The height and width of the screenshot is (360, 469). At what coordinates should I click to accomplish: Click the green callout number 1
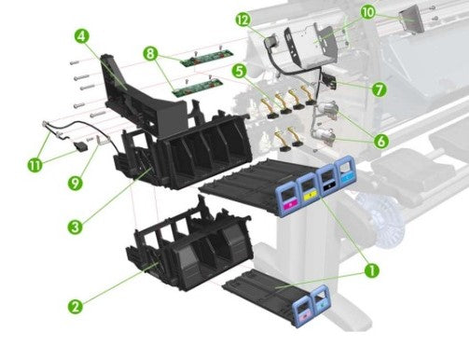point(371,270)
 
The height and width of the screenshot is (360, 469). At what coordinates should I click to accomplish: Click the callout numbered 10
point(367,12)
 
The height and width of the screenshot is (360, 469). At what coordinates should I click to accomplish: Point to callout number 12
point(241,19)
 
